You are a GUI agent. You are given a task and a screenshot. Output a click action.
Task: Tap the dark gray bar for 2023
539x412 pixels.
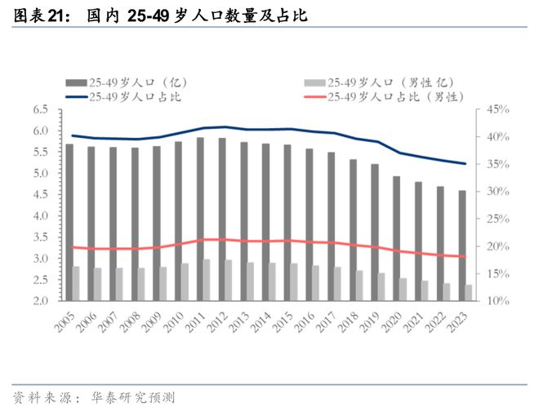pyautogui.click(x=461, y=246)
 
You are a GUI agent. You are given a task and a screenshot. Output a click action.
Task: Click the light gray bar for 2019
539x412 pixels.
pyautogui.click(x=381, y=286)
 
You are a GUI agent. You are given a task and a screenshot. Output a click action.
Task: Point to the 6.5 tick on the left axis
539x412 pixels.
pyautogui.click(x=40, y=109)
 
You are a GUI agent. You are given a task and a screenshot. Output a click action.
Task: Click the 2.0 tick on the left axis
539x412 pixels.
pyautogui.click(x=40, y=301)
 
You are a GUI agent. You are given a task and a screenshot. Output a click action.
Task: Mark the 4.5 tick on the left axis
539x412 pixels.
pyautogui.click(x=40, y=194)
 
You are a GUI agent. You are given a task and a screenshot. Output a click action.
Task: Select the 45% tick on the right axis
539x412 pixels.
pyautogui.click(x=497, y=109)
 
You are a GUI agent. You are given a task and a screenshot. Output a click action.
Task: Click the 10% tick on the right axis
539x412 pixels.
pyautogui.click(x=497, y=301)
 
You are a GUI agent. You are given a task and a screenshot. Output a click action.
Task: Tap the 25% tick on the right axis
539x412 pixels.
pyautogui.click(x=497, y=219)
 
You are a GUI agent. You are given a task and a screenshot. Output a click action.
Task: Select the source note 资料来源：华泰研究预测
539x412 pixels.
pyautogui.click(x=94, y=397)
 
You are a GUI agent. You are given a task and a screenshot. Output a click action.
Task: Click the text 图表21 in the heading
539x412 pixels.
pyautogui.click(x=42, y=16)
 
